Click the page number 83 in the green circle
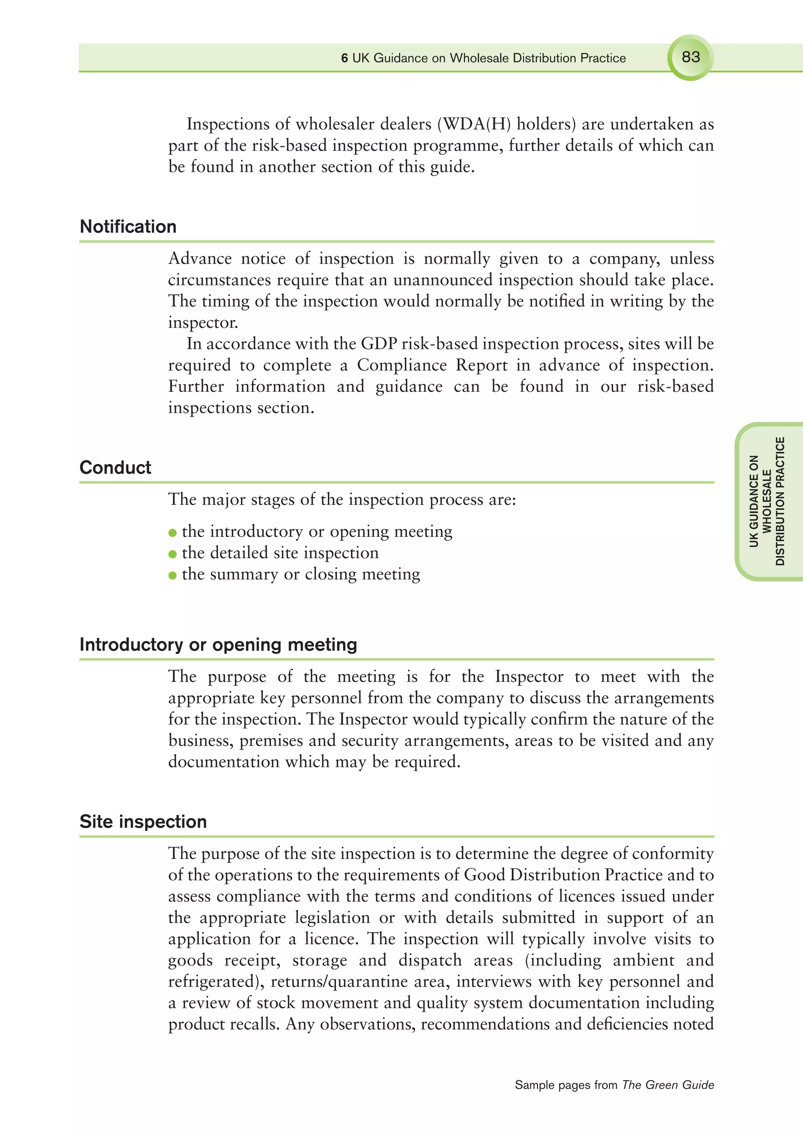tap(690, 57)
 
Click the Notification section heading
tap(128, 226)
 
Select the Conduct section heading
tap(115, 467)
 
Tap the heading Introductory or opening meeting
tap(218, 644)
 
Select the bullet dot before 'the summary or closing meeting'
tap(173, 575)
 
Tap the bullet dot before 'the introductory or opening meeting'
tap(173, 533)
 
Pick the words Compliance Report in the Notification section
tap(432, 365)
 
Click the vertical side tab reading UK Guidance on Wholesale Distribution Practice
tap(767, 501)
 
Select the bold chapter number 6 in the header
tap(344, 58)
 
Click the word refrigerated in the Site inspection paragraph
tap(214, 981)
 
